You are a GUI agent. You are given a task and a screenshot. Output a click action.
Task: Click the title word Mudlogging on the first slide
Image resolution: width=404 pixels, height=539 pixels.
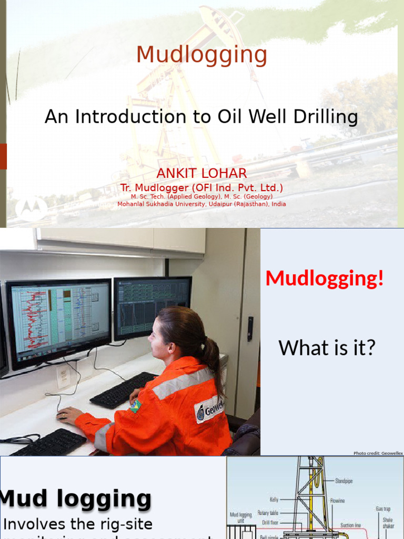[201, 55]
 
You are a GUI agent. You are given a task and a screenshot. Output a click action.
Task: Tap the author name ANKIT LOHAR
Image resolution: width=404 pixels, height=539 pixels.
[201, 174]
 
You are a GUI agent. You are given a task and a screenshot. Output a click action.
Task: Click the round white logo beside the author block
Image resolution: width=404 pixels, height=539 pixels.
[31, 209]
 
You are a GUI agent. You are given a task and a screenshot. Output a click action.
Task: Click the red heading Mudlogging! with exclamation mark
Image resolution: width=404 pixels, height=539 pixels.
[325, 278]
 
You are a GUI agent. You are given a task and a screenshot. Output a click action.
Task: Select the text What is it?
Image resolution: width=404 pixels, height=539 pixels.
[327, 347]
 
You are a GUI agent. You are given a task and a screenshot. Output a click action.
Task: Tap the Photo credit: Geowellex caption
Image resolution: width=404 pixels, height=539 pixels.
[378, 453]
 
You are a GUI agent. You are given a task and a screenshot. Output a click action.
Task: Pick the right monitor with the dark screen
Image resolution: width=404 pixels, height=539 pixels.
[153, 307]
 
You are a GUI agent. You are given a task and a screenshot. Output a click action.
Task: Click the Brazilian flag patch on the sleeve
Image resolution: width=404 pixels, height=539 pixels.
[136, 406]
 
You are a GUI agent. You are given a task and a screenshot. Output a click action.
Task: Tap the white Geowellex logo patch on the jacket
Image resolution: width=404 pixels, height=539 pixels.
[209, 410]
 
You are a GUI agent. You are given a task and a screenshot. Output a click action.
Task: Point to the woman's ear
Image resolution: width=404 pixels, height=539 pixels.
[171, 348]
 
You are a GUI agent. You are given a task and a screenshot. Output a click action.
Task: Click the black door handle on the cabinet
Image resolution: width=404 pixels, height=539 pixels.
[250, 328]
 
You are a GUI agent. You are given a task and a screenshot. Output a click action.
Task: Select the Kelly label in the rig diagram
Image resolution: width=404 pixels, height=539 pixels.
[272, 500]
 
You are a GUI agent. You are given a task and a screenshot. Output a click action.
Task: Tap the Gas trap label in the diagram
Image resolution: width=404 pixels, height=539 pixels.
[382, 509]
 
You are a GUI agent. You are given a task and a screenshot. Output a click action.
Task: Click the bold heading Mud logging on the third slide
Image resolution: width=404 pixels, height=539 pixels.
[76, 498]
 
